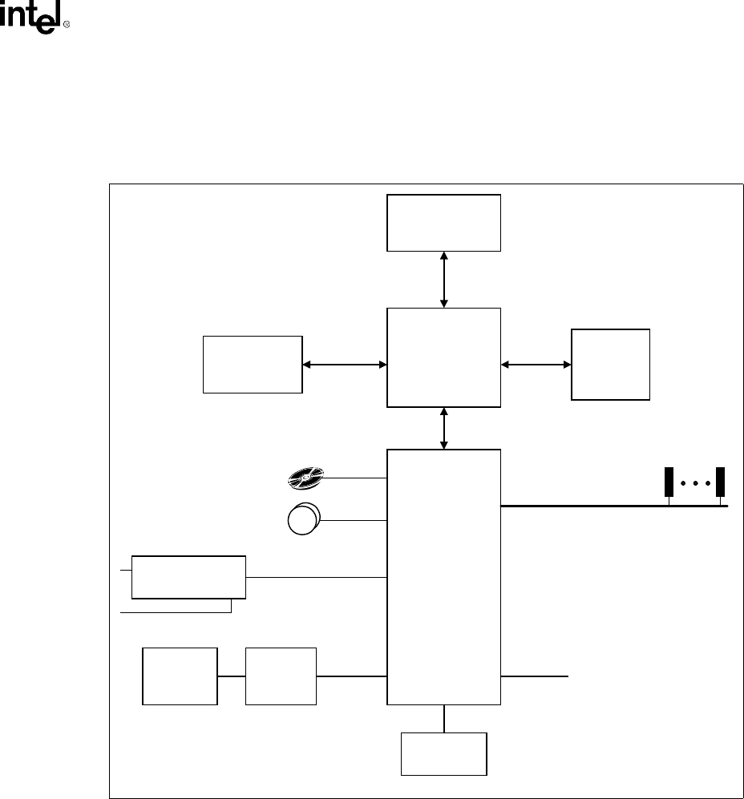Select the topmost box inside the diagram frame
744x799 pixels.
[x=443, y=222]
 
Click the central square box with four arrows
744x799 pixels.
[x=443, y=357]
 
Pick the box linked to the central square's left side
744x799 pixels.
[x=253, y=365]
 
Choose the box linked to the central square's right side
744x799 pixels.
[x=610, y=364]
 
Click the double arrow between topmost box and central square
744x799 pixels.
[x=443, y=279]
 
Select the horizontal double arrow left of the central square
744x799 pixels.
[x=345, y=365]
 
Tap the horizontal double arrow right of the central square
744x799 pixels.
[x=536, y=365]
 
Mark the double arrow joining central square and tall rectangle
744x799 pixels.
[x=443, y=428]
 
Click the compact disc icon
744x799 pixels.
[x=304, y=478]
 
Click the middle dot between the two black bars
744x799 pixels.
[x=694, y=484]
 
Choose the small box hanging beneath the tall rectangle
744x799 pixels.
[x=443, y=753]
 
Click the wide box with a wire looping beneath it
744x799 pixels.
[x=188, y=575]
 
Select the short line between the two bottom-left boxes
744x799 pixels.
[x=231, y=676]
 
